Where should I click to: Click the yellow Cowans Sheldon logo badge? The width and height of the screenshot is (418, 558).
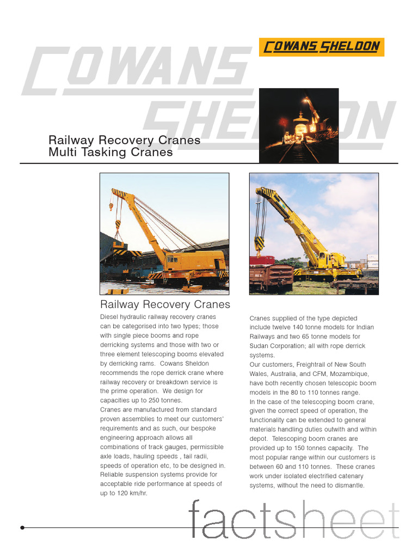click(x=321, y=47)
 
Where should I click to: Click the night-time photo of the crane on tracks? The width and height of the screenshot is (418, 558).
click(x=298, y=125)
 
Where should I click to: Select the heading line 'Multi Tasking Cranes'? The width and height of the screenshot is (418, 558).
click(x=110, y=153)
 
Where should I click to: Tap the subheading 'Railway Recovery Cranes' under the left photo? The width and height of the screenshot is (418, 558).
click(x=165, y=304)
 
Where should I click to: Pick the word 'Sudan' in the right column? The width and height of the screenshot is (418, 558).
click(x=260, y=345)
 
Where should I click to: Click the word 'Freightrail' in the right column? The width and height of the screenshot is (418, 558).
click(x=315, y=365)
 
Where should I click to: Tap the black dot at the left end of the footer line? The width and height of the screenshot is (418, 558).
click(x=22, y=527)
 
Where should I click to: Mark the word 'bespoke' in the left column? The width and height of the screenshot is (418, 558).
click(x=209, y=428)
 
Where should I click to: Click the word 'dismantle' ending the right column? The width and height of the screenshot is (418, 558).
click(x=346, y=486)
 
